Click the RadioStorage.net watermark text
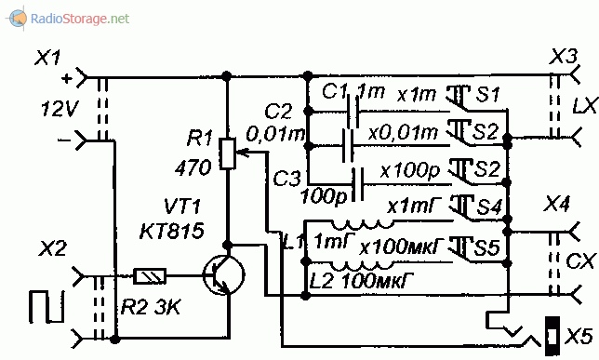pyautogui.click(x=80, y=19)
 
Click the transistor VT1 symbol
pyautogui.click(x=223, y=274)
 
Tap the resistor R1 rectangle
pyautogui.click(x=228, y=154)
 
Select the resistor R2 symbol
pyautogui.click(x=150, y=276)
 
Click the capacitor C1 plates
pyautogui.click(x=353, y=112)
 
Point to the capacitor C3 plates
pyautogui.click(x=358, y=184)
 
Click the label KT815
pyautogui.click(x=171, y=232)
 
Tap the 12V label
pyautogui.click(x=60, y=110)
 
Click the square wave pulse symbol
pyautogui.click(x=47, y=306)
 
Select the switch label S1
pyautogui.click(x=487, y=94)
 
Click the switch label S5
pyautogui.click(x=486, y=247)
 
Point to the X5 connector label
pyautogui.click(x=579, y=337)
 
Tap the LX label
pyautogui.click(x=584, y=106)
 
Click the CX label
pyautogui.click(x=580, y=261)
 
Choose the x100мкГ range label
pyautogui.click(x=402, y=247)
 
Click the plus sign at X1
pyautogui.click(x=67, y=79)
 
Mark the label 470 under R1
pyautogui.click(x=193, y=167)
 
